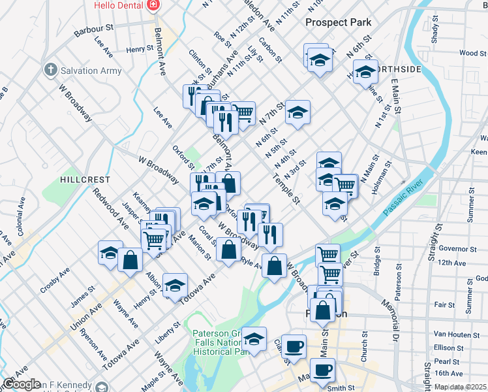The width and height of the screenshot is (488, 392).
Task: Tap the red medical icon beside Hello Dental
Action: click(x=153, y=5)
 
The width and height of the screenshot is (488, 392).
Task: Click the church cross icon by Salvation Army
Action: click(x=50, y=69)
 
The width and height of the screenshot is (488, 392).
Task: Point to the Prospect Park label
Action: click(x=339, y=22)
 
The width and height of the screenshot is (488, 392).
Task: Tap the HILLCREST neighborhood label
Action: click(x=82, y=178)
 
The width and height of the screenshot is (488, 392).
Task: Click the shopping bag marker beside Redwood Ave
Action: click(x=130, y=259)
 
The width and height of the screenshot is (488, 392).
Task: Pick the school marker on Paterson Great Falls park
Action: click(x=254, y=339)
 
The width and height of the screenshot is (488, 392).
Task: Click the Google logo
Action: click(x=22, y=384)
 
